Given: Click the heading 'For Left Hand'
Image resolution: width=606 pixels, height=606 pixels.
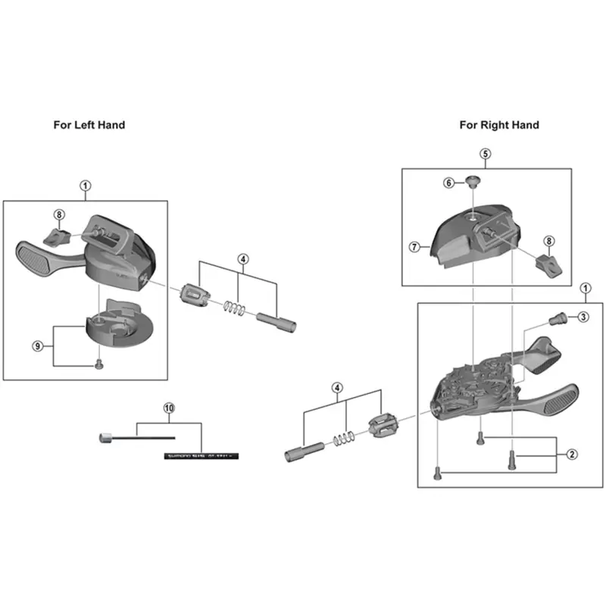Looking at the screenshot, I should point(89,125).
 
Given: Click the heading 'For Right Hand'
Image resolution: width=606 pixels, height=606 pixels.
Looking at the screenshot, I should point(499,125).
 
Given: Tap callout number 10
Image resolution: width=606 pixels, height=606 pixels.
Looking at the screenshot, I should point(168,408).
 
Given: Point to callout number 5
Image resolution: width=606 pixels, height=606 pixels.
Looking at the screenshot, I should point(486,153).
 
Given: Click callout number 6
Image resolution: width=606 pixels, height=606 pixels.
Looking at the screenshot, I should point(448,183).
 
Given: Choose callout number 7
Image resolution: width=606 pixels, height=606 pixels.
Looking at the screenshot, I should point(414,246).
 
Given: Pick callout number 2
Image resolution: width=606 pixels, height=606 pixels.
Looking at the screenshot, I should point(572,454).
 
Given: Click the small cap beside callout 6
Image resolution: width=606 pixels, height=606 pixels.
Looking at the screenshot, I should point(472,181).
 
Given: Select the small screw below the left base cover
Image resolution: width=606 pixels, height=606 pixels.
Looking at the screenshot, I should point(99,364).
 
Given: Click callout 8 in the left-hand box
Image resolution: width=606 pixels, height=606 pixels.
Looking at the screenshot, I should point(59,214).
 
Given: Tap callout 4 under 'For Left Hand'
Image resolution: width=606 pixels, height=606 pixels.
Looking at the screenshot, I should point(242,259).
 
